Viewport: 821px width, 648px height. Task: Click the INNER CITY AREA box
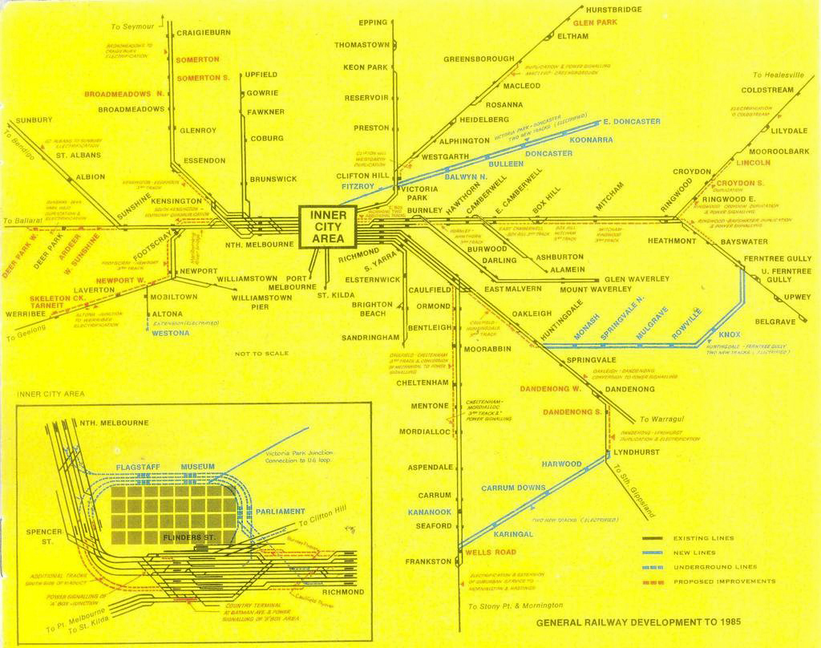[327, 227]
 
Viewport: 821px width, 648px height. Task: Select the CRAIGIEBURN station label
[203, 33]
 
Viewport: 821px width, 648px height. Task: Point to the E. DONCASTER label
[632, 122]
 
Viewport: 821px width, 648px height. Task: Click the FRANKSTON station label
[428, 561]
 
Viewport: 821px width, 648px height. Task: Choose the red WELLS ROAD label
[490, 553]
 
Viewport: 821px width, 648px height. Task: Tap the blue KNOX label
[729, 334]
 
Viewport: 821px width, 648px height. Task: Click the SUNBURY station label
[34, 120]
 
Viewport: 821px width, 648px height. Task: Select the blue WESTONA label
[170, 333]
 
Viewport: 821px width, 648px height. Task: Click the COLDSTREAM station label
[766, 90]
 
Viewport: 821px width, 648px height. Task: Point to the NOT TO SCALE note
[262, 354]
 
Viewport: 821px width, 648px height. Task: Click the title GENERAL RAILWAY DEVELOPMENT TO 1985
[637, 622]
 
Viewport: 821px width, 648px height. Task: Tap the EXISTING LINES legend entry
[703, 538]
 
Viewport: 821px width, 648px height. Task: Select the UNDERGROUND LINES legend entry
[714, 567]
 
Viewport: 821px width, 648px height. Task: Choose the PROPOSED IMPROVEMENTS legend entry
[724, 581]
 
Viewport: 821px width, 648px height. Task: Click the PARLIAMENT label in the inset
[280, 512]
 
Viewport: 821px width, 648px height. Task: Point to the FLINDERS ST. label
[188, 536]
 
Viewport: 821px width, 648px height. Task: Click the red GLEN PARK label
[595, 22]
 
